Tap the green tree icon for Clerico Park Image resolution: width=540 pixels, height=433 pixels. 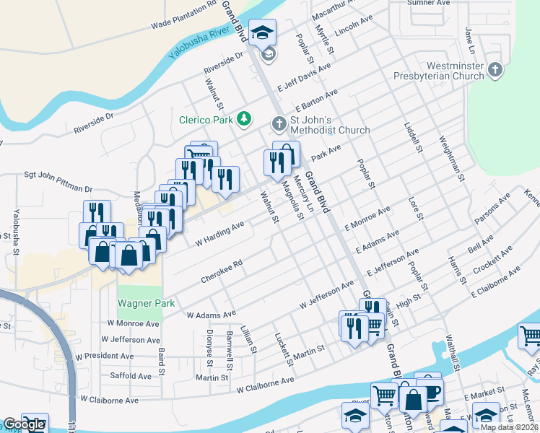pos(245,118)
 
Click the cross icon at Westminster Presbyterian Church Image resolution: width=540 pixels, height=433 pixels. pos(495,70)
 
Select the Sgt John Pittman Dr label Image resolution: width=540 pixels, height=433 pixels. pos(58,180)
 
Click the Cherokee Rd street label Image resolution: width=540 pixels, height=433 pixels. pos(221,271)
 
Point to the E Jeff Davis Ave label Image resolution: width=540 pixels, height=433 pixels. pos(304,76)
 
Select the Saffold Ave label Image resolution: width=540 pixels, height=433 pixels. pos(130,376)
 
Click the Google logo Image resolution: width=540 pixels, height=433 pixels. pos(24,425)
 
